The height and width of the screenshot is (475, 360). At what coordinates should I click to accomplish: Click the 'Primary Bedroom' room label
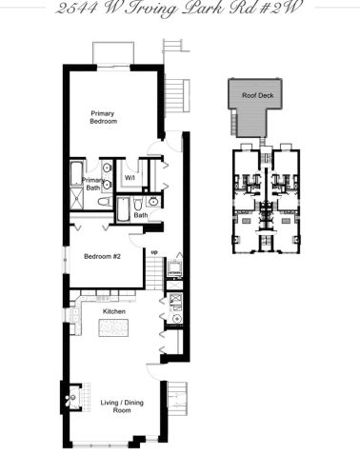(x=103, y=117)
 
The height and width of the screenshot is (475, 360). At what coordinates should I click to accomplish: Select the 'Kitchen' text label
(x=114, y=310)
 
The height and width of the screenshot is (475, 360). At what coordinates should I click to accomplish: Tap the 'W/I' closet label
(x=130, y=175)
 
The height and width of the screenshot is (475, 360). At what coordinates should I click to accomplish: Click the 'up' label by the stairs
(x=151, y=252)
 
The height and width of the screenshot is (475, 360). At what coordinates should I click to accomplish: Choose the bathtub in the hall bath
(x=125, y=208)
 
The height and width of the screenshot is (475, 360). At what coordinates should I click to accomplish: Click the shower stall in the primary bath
(x=73, y=202)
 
